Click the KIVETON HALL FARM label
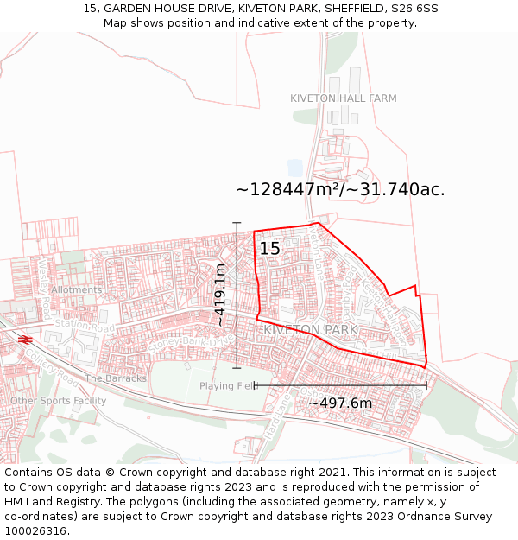(x=344, y=98)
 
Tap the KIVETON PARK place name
(x=310, y=330)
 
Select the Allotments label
(x=76, y=290)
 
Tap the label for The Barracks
(x=117, y=378)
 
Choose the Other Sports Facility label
(x=59, y=401)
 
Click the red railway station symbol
(x=25, y=339)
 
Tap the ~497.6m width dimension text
(x=340, y=403)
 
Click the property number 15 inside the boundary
(x=270, y=249)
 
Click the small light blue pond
(x=295, y=168)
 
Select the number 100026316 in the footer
(x=34, y=530)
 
